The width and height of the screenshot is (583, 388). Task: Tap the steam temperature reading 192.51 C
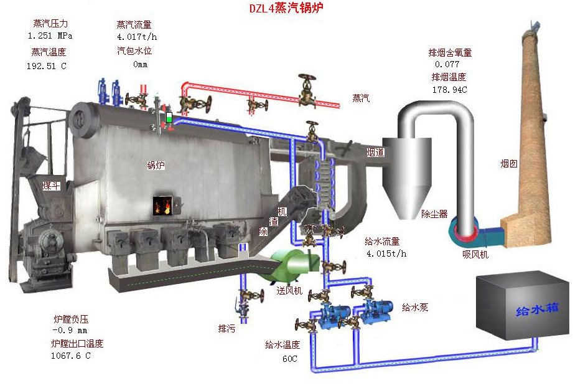click(46, 65)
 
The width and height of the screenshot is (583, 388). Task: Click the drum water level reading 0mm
click(141, 64)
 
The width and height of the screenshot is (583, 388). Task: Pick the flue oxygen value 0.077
click(447, 64)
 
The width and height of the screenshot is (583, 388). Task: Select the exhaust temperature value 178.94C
click(449, 90)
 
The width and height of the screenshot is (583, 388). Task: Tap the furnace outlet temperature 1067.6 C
click(70, 356)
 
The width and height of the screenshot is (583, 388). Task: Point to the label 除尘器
click(434, 214)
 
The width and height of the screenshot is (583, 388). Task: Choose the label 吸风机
click(475, 254)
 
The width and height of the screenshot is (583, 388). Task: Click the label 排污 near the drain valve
click(226, 328)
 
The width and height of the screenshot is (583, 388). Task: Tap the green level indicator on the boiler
click(169, 117)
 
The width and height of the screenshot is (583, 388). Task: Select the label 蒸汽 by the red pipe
click(361, 98)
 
